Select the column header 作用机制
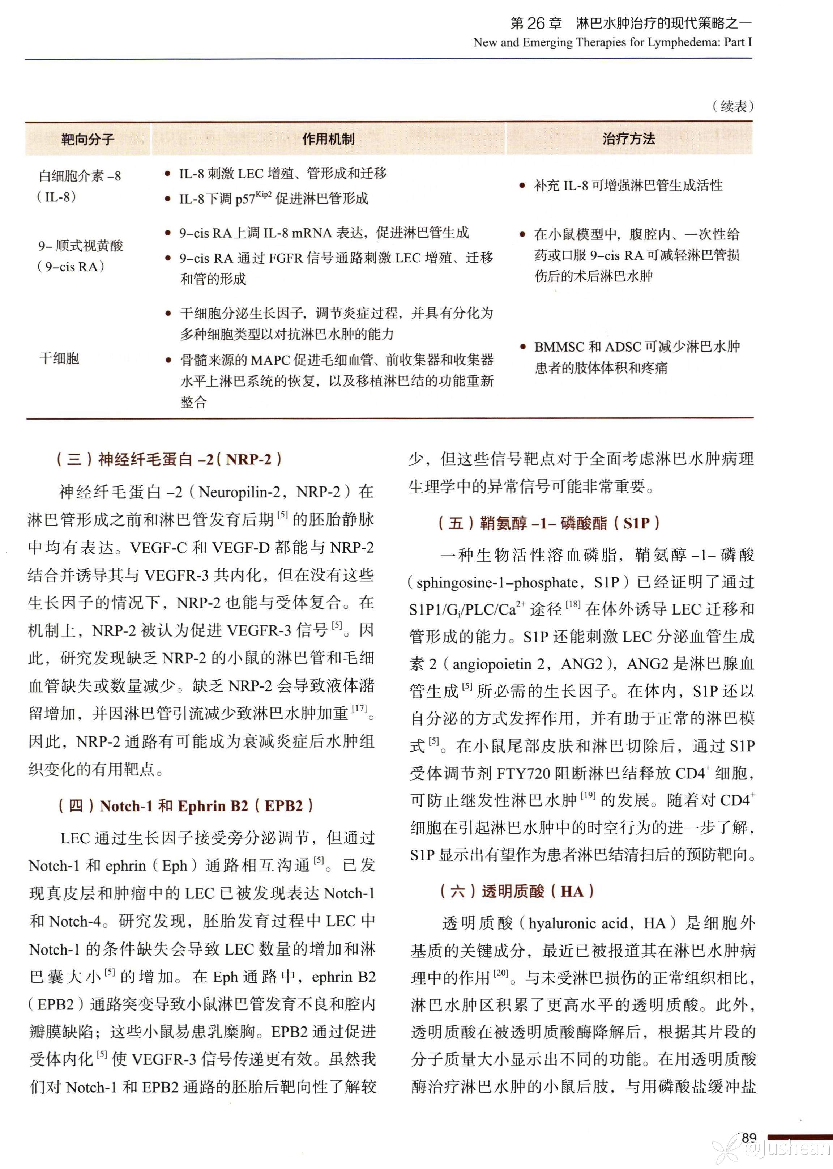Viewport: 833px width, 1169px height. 328,139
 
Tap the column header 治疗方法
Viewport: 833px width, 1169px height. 628,139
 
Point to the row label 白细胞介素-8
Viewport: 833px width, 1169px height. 80,176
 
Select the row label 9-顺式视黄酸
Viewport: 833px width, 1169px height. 81,246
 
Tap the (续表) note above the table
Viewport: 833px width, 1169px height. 733,106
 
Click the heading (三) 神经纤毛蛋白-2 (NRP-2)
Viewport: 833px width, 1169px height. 169,459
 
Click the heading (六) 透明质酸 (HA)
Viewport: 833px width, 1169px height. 517,891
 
